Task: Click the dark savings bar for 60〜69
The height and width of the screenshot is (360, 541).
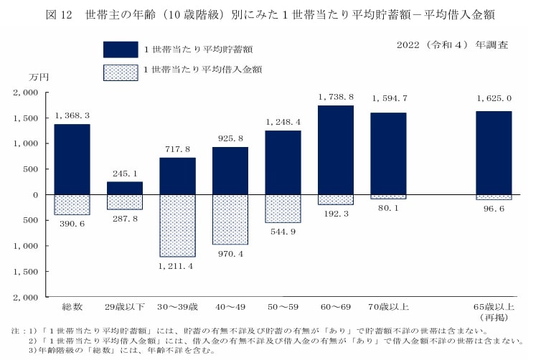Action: click(336, 150)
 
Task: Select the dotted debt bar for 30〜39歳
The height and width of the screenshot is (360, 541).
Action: click(177, 225)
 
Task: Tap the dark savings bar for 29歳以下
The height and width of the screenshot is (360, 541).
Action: click(125, 188)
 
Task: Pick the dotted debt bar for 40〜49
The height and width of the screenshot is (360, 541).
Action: click(230, 219)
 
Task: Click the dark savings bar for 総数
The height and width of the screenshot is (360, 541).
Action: click(72, 159)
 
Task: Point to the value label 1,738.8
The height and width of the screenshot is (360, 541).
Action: click(336, 97)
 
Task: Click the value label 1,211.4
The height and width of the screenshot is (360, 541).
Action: click(177, 266)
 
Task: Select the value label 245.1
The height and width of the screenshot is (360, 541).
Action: click(125, 173)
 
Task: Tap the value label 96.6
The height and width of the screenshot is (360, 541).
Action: click(494, 209)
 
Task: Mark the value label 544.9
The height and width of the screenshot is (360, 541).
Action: click(283, 232)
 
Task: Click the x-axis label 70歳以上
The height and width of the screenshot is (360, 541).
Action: click(388, 307)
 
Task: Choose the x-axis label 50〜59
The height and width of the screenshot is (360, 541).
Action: click(283, 307)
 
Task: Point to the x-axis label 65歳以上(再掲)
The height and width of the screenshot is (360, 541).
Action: click(494, 311)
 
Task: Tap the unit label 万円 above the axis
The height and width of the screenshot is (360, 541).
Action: click(38, 77)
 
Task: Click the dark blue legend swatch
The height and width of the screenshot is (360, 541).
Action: click(121, 49)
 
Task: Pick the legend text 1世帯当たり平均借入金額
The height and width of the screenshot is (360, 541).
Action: click(202, 70)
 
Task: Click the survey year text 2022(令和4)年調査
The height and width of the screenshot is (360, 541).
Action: click(452, 44)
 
